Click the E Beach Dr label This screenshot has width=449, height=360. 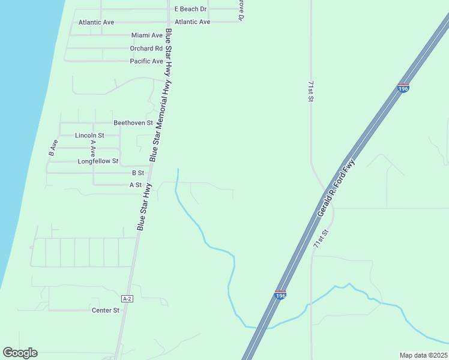point(190,9)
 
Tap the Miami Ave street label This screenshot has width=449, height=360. point(147,35)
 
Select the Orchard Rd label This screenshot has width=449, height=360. point(146,48)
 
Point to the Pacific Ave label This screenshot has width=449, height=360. point(146,61)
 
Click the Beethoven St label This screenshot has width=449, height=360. point(129,122)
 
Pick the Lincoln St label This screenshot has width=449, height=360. point(89,136)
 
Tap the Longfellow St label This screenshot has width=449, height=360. point(98,161)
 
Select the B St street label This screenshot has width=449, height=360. point(137,173)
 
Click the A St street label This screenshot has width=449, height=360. point(136,185)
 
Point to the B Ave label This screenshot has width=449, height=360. point(53,148)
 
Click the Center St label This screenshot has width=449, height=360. point(106,310)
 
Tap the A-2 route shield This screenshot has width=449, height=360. point(127,299)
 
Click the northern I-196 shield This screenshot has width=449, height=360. point(403,88)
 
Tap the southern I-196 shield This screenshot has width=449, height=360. point(280,295)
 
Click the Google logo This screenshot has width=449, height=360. point(20,353)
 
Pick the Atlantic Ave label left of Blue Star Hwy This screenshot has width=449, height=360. point(96,22)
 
